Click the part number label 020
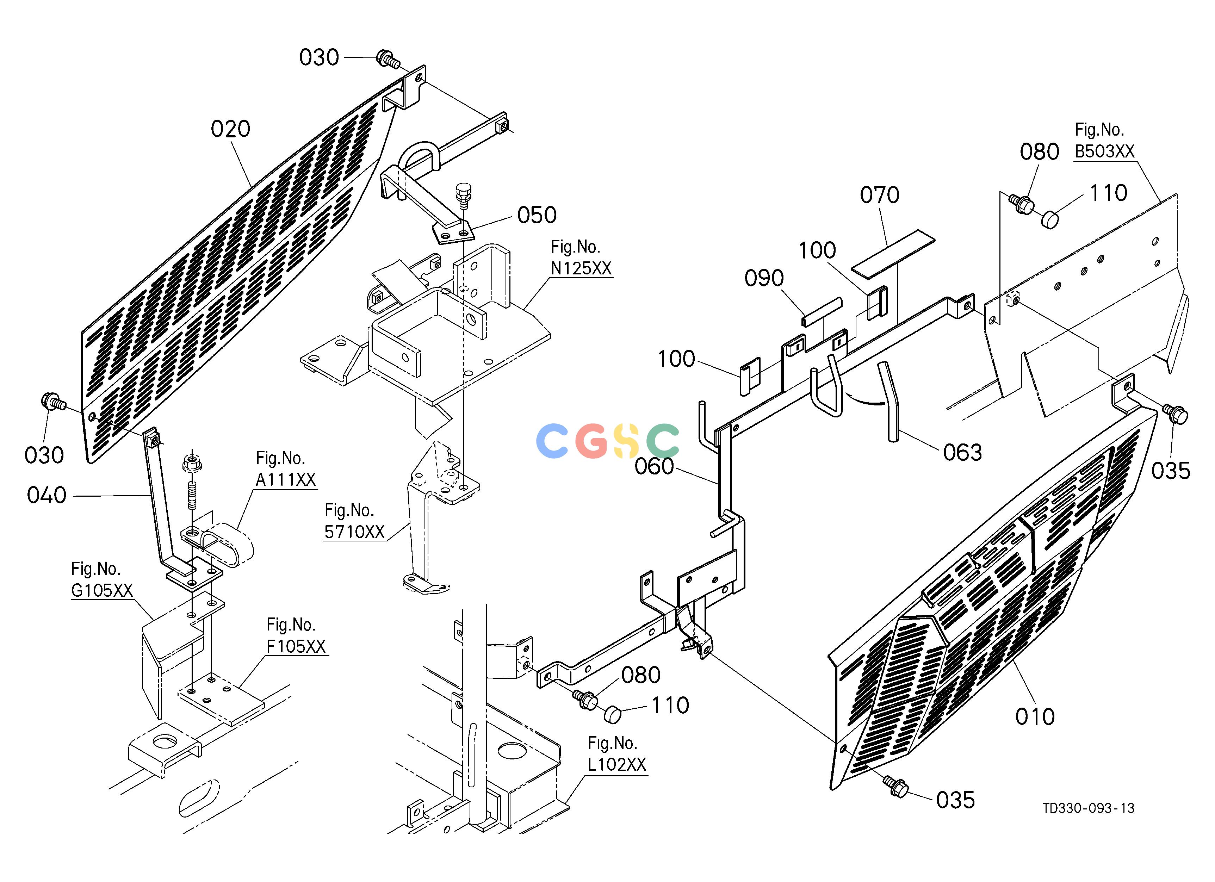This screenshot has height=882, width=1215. tap(230, 129)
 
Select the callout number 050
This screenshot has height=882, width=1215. tap(537, 215)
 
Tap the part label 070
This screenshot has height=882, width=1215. tap(880, 195)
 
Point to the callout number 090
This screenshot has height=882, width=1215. tap(764, 279)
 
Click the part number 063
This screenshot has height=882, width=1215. tap(963, 453)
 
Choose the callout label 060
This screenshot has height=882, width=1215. tap(654, 466)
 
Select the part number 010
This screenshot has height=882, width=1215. tap(1035, 716)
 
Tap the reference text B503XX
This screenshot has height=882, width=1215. tap(1105, 151)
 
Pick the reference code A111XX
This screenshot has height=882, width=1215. tap(286, 479)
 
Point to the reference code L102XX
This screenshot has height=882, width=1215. tap(617, 764)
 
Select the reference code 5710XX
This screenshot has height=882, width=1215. tap(355, 532)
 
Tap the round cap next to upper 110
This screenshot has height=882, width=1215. tap(1050, 219)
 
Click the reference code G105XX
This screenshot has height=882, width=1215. tap(102, 590)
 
